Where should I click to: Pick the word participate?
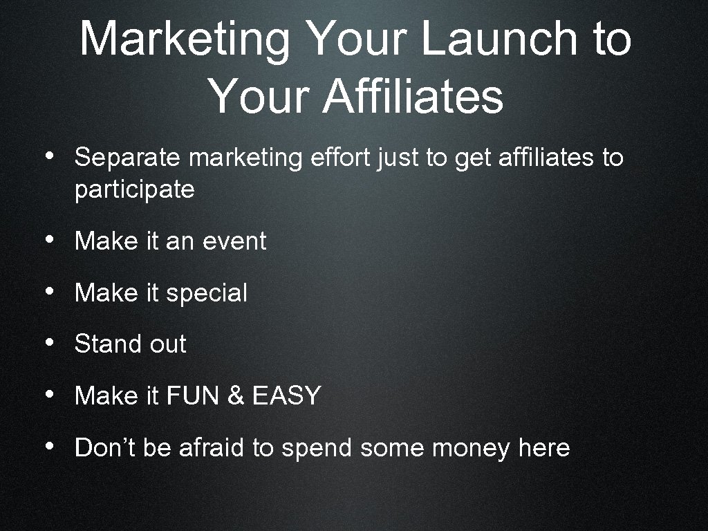134,189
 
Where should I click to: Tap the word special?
207,293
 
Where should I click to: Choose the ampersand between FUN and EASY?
236,395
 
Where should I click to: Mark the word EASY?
286,395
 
